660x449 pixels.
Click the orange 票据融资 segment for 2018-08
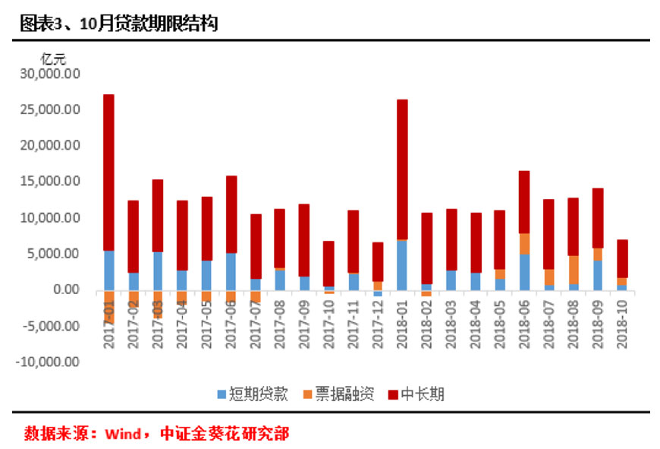574,269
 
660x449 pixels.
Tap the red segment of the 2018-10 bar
623,258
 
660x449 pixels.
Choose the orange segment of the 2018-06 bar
525,243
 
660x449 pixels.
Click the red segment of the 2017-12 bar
378,261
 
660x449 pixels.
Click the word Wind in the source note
122,435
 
